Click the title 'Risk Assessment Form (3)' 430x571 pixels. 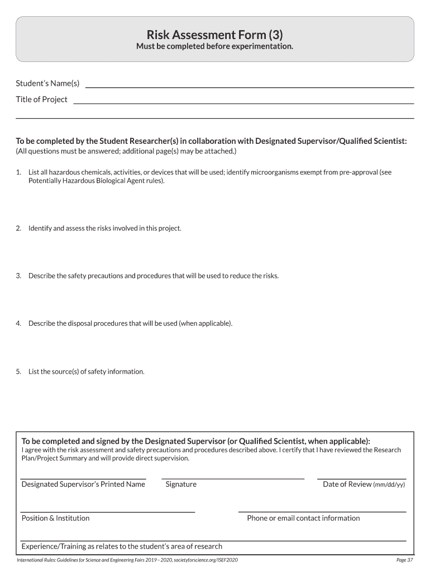click(x=215, y=35)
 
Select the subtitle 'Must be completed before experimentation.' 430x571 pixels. click(x=215, y=46)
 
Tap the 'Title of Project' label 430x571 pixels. click(x=41, y=99)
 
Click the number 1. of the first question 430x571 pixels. click(x=18, y=172)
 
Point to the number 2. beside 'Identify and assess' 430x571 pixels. click(x=18, y=228)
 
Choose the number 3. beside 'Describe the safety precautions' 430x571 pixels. click(x=18, y=275)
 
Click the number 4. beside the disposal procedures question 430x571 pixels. click(x=18, y=323)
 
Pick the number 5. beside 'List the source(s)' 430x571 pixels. click(x=18, y=371)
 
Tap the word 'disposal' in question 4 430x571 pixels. click(x=82, y=323)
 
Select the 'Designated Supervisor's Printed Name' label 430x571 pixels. click(x=83, y=484)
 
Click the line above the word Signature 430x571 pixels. click(x=233, y=478)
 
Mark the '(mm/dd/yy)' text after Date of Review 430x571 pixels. click(x=389, y=485)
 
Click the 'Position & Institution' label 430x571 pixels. click(x=55, y=518)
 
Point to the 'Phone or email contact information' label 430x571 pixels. click(x=303, y=518)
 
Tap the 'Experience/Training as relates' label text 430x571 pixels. click(x=122, y=546)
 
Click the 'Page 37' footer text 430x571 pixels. click(x=404, y=560)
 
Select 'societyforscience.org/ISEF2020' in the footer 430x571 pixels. click(x=206, y=560)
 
